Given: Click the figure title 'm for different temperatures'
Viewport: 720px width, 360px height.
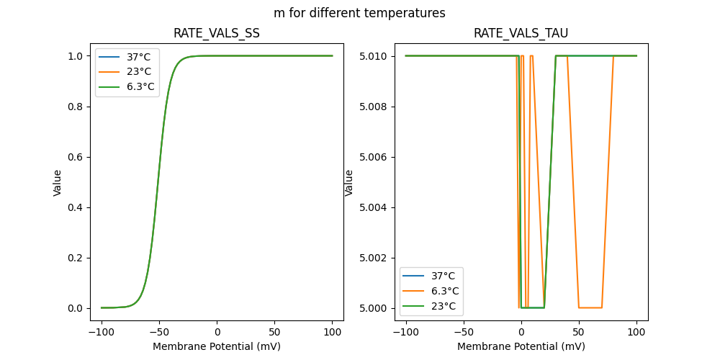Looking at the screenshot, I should click(359, 13).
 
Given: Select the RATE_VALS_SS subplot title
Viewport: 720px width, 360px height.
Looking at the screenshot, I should click(217, 33).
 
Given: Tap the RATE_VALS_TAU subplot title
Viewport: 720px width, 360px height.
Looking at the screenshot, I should click(521, 33).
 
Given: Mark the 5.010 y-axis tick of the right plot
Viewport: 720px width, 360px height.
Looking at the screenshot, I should click(374, 56).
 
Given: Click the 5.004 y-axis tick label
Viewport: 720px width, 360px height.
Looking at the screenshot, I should click(374, 207).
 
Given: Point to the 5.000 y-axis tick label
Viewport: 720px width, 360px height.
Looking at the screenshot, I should click(374, 308).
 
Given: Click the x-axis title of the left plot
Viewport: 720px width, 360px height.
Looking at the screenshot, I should click(217, 346).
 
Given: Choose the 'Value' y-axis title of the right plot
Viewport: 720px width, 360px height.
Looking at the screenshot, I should click(349, 182).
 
